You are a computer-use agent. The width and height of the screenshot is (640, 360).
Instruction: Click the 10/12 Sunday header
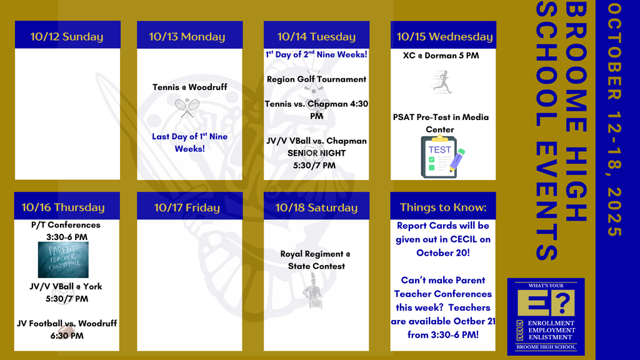click(67, 37)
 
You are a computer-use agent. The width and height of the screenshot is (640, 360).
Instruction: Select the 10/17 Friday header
click(187, 207)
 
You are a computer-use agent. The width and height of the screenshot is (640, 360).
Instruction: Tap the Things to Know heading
click(443, 207)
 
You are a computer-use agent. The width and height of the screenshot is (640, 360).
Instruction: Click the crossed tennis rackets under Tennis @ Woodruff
click(187, 107)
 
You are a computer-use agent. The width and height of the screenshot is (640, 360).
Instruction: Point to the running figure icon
click(442, 82)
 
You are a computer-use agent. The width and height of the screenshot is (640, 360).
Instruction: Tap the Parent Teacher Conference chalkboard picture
click(63, 259)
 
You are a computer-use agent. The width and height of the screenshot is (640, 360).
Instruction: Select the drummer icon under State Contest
click(313, 291)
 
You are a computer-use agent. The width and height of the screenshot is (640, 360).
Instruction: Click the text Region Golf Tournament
click(316, 79)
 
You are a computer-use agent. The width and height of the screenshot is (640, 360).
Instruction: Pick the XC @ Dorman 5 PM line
click(441, 56)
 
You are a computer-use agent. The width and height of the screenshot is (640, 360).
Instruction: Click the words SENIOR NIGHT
click(316, 153)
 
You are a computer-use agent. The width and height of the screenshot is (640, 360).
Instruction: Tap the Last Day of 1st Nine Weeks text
click(190, 142)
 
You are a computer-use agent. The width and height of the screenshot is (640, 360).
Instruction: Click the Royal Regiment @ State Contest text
click(316, 260)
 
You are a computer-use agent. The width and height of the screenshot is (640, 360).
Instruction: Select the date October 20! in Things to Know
click(443, 253)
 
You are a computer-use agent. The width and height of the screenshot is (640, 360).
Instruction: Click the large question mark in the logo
click(564, 303)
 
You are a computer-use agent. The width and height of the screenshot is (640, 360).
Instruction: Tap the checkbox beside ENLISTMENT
click(519, 337)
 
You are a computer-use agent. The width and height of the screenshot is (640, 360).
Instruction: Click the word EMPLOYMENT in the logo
click(552, 330)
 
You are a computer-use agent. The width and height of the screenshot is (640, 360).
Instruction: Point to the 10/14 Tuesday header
click(316, 37)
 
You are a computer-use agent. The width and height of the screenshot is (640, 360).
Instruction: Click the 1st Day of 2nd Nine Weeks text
click(316, 54)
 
